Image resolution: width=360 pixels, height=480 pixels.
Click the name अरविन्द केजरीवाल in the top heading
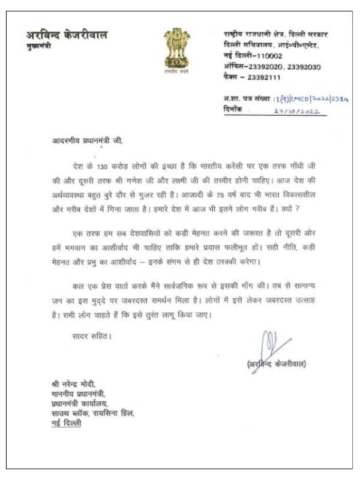click(x=67, y=35)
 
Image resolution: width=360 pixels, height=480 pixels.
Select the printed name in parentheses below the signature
click(x=277, y=364)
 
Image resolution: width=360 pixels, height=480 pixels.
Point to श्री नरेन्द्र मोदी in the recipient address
click(x=73, y=384)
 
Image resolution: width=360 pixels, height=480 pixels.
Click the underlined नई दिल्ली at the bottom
click(x=66, y=423)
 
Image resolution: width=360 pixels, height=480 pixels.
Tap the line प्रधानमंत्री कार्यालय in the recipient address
click(x=83, y=404)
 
